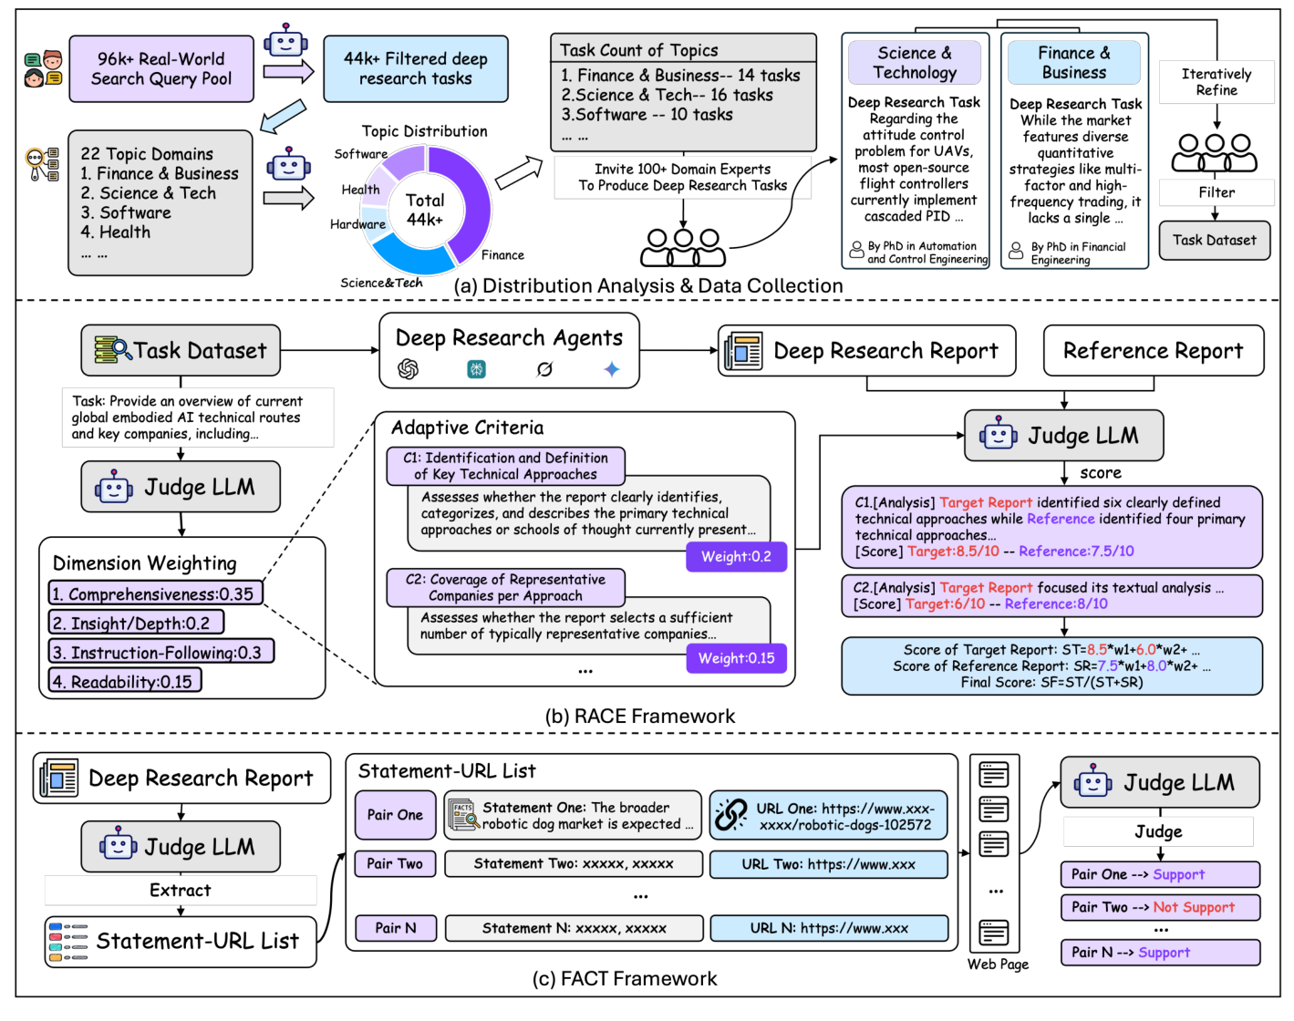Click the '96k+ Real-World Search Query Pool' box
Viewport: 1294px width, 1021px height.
(x=161, y=69)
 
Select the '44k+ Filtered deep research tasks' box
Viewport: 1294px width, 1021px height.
(x=415, y=69)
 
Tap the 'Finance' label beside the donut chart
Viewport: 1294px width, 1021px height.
(x=502, y=255)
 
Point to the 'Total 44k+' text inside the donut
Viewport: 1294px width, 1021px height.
(x=425, y=209)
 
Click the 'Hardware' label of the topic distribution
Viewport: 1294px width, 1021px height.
(x=357, y=224)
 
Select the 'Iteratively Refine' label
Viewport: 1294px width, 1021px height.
(x=1216, y=82)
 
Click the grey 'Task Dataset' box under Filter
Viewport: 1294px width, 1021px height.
(x=1214, y=241)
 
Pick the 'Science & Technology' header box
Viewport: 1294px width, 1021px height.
(x=914, y=63)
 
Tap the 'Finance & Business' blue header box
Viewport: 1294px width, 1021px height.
(x=1073, y=63)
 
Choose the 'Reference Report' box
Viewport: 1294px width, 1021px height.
(x=1153, y=351)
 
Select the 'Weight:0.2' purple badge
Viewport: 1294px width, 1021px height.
(x=736, y=557)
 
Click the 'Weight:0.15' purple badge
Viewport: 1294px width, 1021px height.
(x=736, y=658)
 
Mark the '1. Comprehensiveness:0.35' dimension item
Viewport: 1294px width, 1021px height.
(x=155, y=594)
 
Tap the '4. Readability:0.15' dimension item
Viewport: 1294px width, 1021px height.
(x=124, y=682)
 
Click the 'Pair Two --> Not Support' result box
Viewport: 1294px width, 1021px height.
(x=1159, y=908)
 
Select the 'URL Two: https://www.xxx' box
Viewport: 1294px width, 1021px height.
(x=828, y=864)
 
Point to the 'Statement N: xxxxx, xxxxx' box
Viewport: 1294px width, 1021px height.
(x=574, y=928)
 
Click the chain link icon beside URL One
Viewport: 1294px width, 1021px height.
(x=730, y=815)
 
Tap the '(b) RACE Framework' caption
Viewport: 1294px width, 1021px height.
(x=639, y=717)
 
